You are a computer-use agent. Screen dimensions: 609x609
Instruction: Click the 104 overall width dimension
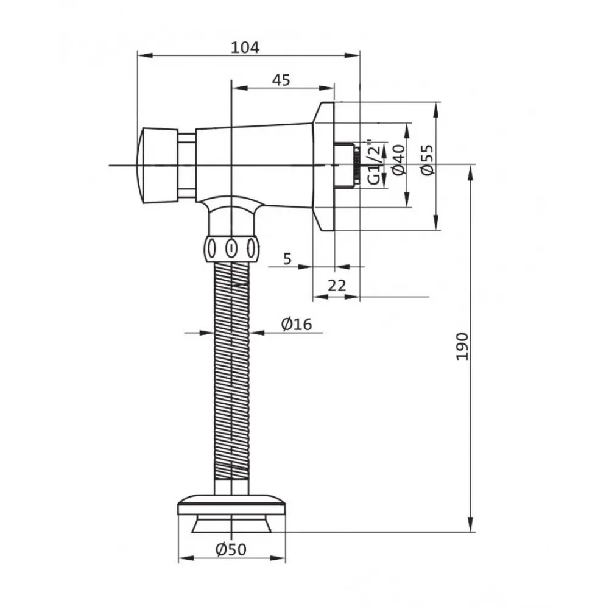245,48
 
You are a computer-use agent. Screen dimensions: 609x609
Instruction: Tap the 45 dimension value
281,80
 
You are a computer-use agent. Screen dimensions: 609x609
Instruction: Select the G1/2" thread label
375,163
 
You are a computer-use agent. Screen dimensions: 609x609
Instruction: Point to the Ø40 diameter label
400,160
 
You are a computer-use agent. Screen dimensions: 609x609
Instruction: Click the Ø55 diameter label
428,160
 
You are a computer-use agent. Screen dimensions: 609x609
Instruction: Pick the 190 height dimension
462,346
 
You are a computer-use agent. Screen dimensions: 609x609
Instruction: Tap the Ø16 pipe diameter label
297,324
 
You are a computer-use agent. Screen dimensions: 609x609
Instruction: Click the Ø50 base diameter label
231,549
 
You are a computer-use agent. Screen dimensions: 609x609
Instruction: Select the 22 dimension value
337,286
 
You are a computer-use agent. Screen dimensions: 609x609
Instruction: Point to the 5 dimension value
287,259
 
